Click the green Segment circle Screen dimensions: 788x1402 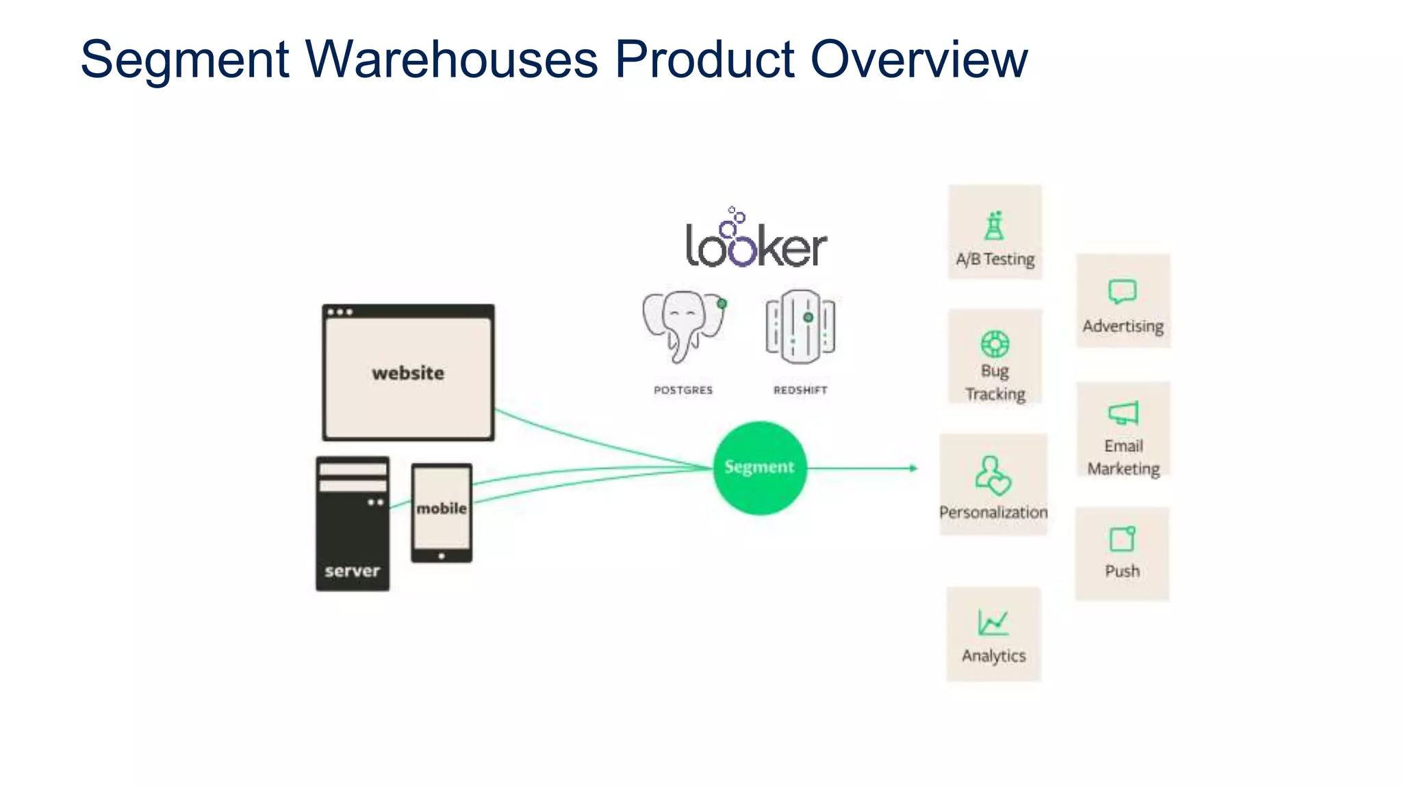point(759,468)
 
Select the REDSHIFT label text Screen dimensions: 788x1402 point(800,390)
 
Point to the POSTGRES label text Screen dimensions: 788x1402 point(683,390)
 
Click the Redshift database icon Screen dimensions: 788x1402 point(800,326)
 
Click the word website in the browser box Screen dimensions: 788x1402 point(408,373)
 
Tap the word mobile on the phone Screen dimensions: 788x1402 point(442,508)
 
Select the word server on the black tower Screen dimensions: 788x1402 point(352,570)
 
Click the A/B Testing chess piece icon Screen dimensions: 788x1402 point(995,226)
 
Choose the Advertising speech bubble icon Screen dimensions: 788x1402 point(1122,291)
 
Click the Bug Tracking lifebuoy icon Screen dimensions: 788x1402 point(995,343)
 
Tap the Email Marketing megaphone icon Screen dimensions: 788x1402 point(1123,413)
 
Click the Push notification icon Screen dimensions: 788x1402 point(1122,539)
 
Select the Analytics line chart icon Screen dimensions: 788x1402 point(993,622)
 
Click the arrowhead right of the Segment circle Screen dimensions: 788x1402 point(913,468)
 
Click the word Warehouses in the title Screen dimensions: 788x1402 point(452,60)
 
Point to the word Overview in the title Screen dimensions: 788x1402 point(919,60)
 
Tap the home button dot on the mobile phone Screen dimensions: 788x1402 point(442,556)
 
